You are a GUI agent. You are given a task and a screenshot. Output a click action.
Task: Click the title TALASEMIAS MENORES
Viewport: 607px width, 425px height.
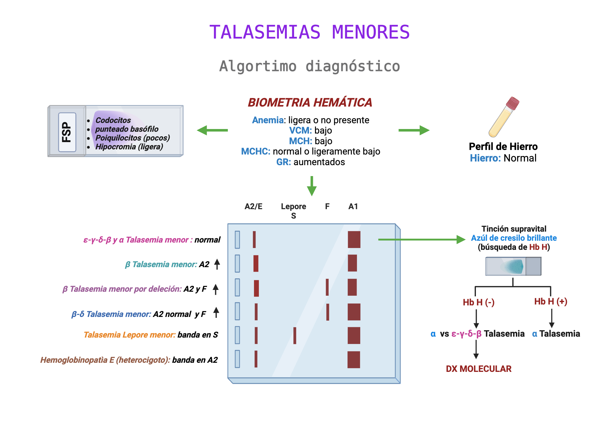(309, 32)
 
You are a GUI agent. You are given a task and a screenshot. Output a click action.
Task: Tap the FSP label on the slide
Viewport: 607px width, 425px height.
(67, 132)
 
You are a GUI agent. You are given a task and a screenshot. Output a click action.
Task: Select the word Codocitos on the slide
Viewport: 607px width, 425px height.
(113, 120)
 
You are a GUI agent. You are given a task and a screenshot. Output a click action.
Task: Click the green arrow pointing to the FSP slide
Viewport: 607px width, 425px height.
(212, 130)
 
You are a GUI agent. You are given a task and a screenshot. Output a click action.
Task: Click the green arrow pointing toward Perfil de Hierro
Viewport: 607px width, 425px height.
(414, 130)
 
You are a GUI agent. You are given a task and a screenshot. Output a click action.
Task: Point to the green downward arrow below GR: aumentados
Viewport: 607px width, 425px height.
(312, 186)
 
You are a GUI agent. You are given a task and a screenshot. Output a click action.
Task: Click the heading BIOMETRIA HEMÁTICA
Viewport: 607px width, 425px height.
(310, 103)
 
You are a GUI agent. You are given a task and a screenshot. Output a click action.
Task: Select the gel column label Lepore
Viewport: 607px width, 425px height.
(293, 206)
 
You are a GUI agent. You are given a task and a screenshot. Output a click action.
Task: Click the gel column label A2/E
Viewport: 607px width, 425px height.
(253, 206)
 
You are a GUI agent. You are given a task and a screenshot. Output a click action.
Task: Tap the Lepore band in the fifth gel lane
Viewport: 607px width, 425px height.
(295, 335)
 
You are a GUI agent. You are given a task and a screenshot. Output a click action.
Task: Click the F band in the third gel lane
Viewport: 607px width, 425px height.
(327, 287)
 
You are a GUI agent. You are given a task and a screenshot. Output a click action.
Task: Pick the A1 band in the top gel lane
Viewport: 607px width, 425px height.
(354, 240)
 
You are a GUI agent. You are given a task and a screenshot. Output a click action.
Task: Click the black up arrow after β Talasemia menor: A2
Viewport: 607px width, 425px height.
(217, 264)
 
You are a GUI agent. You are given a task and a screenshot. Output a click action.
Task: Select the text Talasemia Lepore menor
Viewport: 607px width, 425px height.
(129, 335)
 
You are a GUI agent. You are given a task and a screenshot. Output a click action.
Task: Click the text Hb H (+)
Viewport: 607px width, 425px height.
(551, 301)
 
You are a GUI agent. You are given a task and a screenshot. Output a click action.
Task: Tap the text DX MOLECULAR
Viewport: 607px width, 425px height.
(479, 369)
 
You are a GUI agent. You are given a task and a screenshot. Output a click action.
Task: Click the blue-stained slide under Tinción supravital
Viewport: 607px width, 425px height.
(513, 266)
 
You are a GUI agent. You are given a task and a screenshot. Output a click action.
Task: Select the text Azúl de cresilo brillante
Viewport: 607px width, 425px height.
(514, 238)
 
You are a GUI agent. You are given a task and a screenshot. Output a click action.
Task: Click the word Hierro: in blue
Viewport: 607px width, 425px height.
(485, 158)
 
